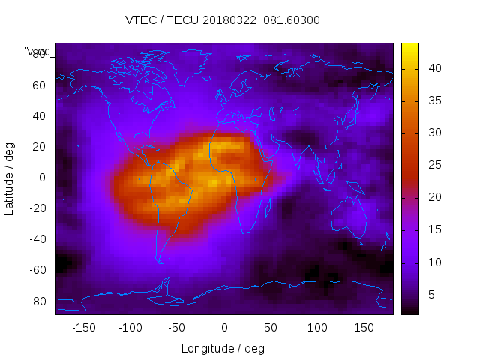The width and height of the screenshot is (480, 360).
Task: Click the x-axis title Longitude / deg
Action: tap(223, 348)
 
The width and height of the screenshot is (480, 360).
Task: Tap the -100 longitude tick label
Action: tap(130, 328)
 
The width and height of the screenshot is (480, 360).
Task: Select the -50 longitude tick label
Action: tap(177, 328)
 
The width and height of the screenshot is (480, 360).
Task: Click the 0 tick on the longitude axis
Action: tap(223, 328)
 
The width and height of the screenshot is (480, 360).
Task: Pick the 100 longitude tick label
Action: tap(317, 328)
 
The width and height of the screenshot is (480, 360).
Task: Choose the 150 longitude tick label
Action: tap(364, 328)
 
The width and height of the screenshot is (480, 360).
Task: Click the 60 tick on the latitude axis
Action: tap(38, 85)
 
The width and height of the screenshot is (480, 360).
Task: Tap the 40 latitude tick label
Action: tap(38, 115)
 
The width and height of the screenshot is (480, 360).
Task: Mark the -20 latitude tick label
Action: tap(36, 208)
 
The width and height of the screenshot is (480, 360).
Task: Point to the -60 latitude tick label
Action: tap(36, 270)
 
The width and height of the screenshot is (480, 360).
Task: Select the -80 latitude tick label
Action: tap(36, 301)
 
